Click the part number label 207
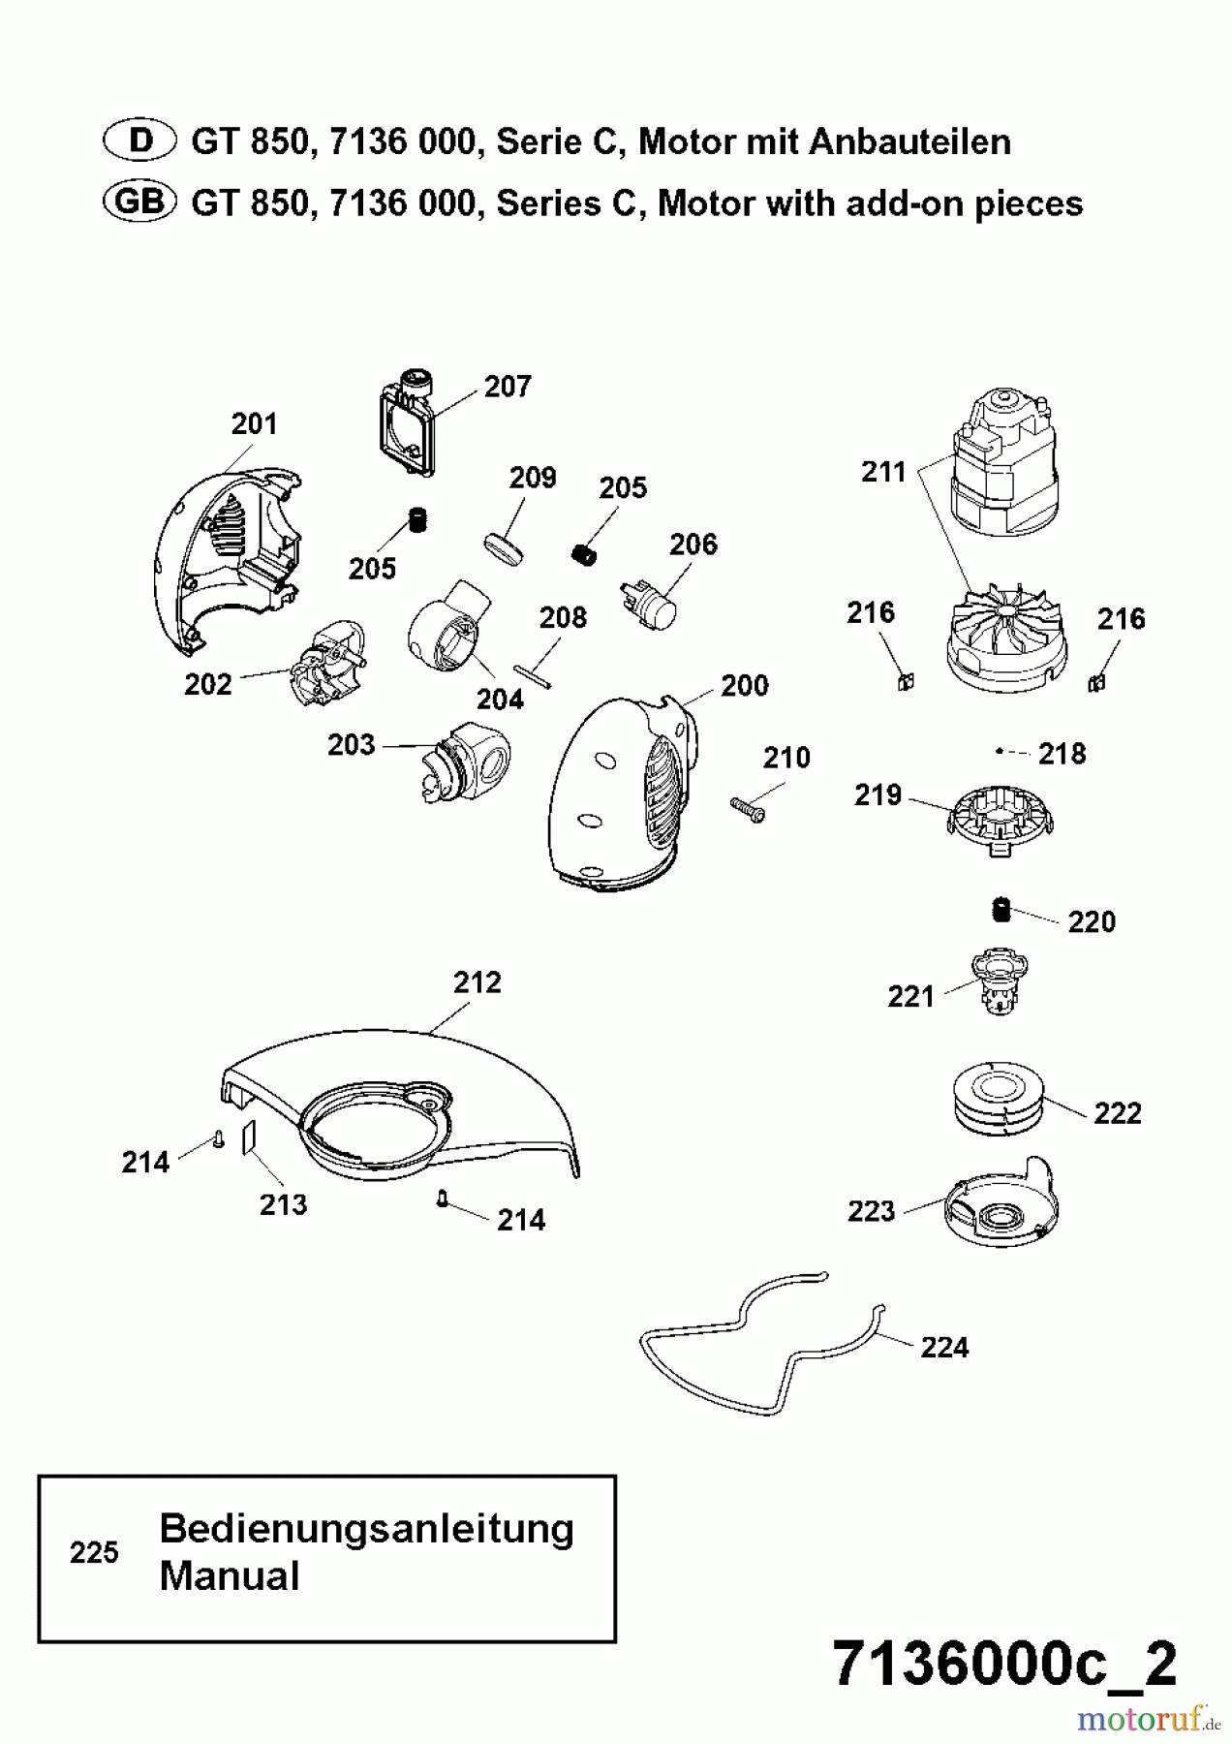(508, 387)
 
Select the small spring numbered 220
(1002, 911)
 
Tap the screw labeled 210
(747, 808)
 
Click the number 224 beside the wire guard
(944, 1348)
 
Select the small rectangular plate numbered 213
(249, 1136)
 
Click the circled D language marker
(140, 141)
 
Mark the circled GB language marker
(140, 202)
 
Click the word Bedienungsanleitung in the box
(366, 1529)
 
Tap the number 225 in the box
(94, 1553)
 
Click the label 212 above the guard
(477, 982)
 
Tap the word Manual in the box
(230, 1576)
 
